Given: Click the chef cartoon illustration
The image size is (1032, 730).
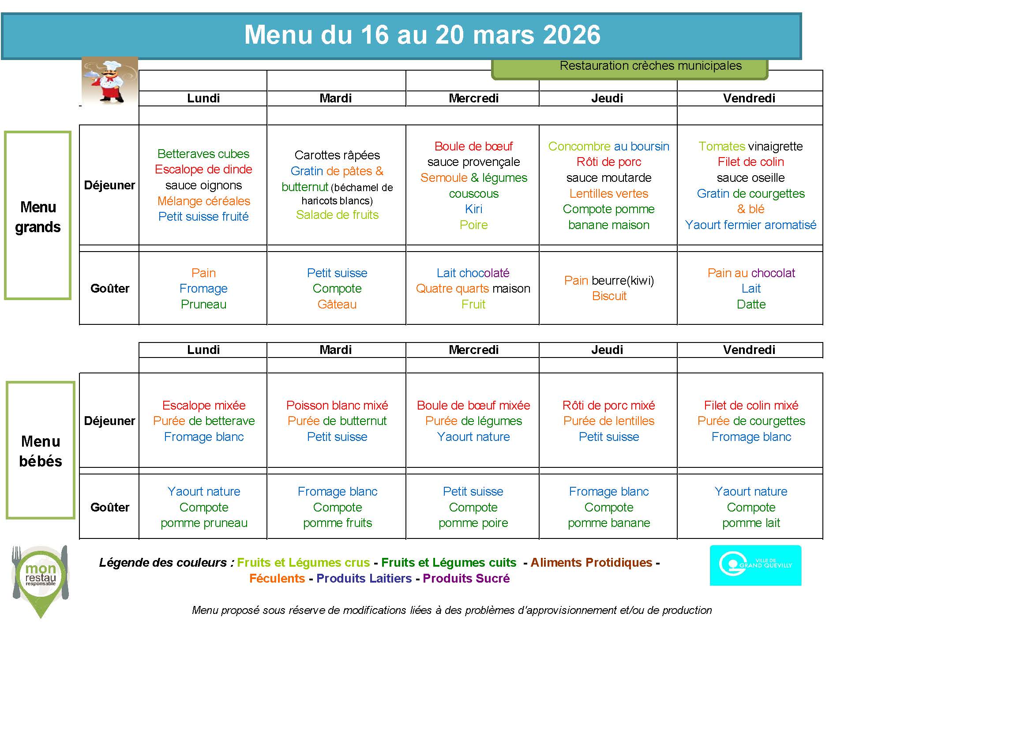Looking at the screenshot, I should [110, 81].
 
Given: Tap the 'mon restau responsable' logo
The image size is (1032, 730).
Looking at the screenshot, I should [41, 580].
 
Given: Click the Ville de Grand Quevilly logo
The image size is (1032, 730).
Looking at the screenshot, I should [755, 565].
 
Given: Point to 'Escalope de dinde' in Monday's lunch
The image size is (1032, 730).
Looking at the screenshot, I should [203, 169].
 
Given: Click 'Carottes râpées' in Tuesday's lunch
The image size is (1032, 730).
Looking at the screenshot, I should [337, 155].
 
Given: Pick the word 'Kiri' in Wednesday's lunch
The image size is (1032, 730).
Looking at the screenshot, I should [473, 209].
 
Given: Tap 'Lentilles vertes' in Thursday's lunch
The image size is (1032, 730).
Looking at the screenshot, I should [608, 193].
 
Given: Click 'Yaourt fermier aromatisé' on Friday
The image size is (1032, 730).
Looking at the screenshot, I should [750, 225].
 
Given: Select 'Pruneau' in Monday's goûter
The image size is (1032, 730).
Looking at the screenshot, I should [203, 305].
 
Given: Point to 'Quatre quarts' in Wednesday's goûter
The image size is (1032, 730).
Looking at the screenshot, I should [452, 289].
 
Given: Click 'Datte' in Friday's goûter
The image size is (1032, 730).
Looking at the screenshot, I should [751, 305].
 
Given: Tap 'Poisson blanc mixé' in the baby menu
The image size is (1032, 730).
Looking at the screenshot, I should [337, 406].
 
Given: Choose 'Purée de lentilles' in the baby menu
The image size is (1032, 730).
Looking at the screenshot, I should [608, 421].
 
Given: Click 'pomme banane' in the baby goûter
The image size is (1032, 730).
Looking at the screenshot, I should [608, 523].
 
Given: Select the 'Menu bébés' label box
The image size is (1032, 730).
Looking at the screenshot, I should [41, 451].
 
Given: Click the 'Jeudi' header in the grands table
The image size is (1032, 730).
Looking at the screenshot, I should [607, 98].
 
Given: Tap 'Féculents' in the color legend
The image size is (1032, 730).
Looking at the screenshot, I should [277, 579].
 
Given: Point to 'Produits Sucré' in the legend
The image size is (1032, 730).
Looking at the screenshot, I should [466, 579].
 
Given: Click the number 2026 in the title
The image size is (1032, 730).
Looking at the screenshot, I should [571, 35].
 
